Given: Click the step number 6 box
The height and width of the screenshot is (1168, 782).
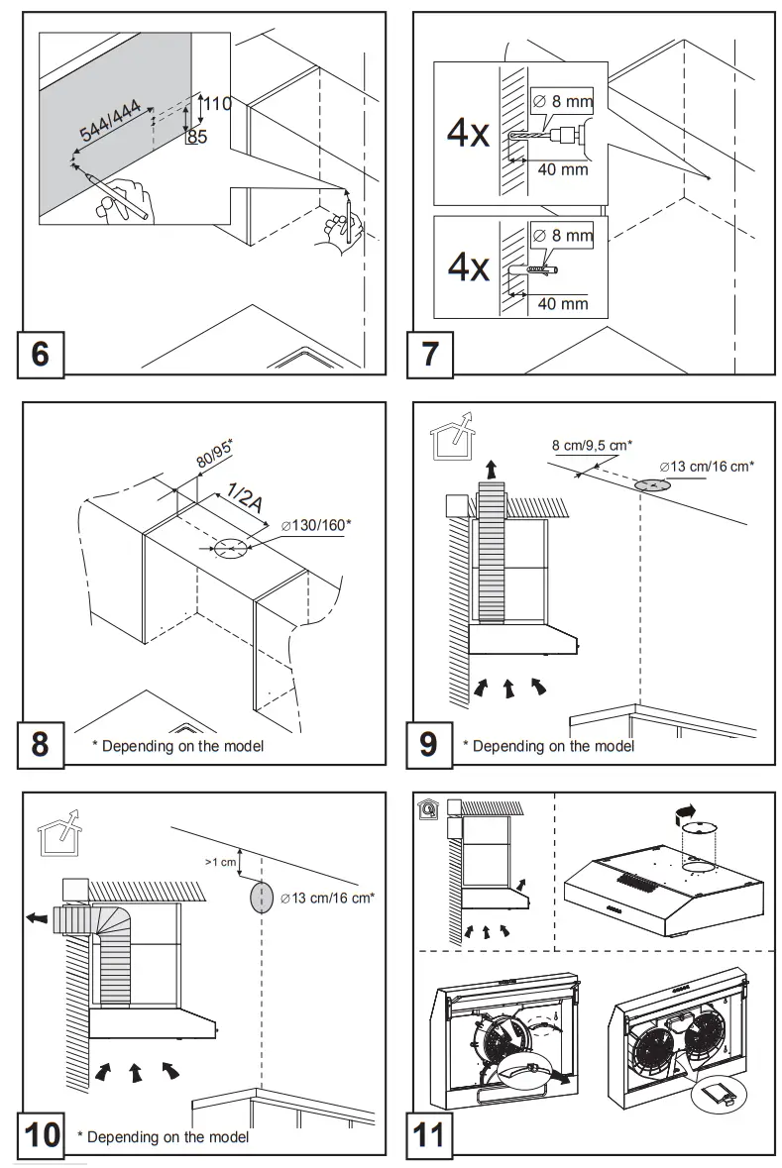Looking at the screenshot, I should (x=40, y=353).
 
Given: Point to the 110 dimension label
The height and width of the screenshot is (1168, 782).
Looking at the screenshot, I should (x=217, y=103).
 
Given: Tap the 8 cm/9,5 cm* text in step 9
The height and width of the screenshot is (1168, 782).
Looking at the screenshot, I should (x=592, y=445).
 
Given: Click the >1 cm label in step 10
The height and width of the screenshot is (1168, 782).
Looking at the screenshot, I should (x=221, y=862).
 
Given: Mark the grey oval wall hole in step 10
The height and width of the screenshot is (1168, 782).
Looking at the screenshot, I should (x=262, y=897).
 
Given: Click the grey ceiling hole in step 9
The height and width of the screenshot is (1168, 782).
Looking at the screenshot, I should (x=651, y=485).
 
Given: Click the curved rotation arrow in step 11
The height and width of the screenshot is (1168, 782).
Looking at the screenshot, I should (x=683, y=813).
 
